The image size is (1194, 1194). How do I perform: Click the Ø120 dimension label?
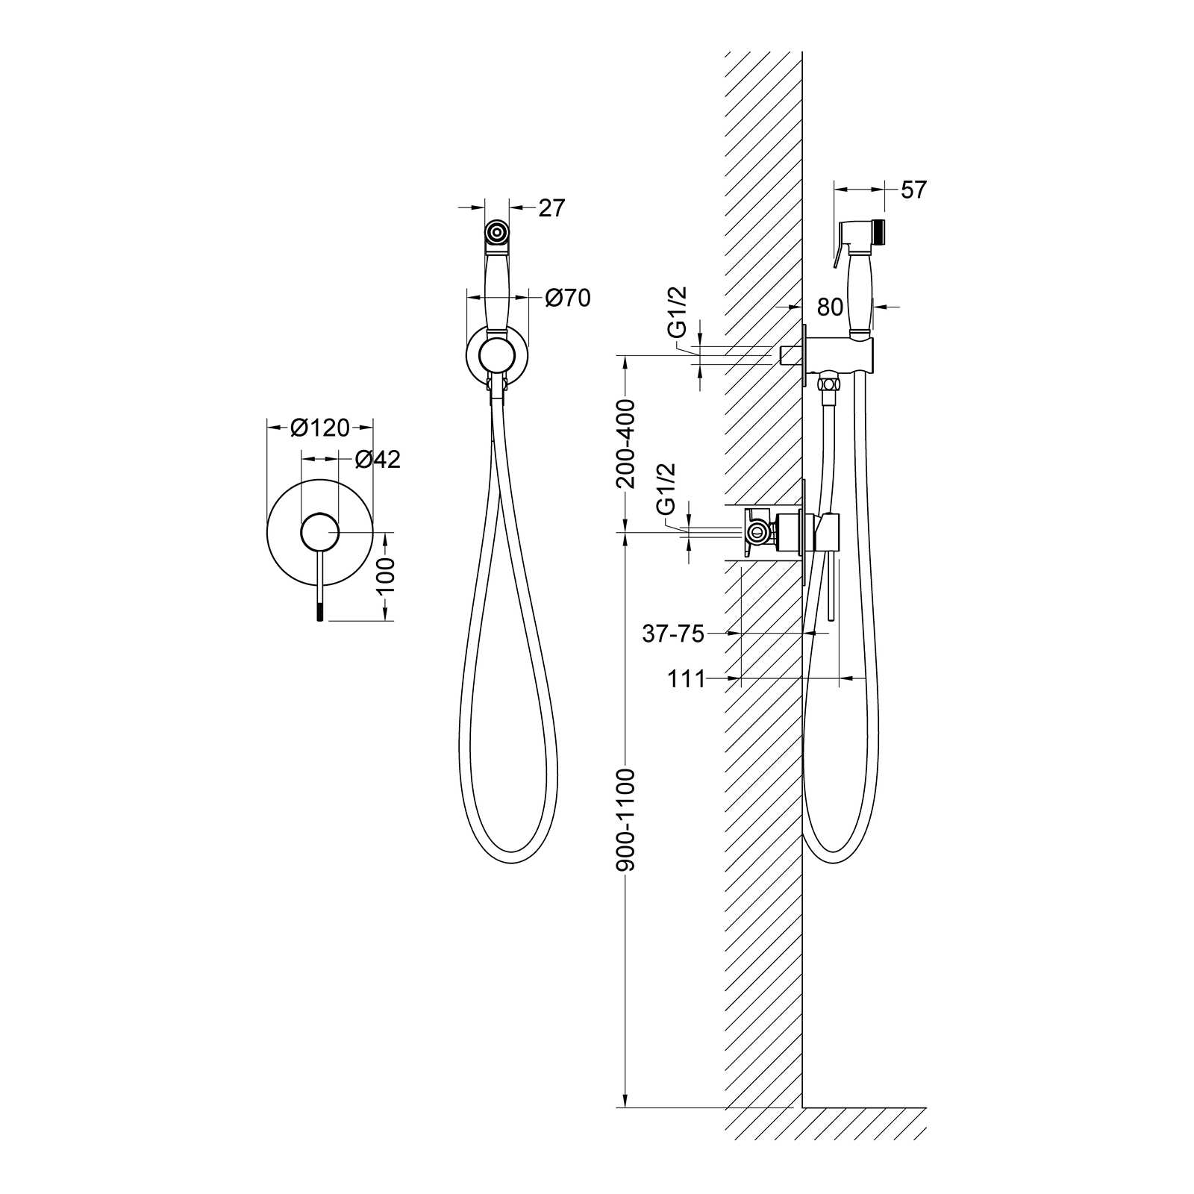pos(320,428)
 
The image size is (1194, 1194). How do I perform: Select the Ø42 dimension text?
pos(378,460)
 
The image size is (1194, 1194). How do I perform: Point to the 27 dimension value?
pos(551,208)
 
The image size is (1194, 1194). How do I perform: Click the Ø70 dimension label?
pos(568,298)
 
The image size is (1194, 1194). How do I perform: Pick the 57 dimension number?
pos(913,190)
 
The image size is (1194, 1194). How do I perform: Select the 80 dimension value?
pos(830,307)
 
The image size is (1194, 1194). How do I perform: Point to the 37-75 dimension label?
pos(673,634)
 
